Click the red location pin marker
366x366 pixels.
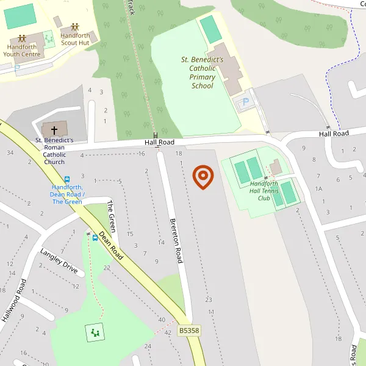(203, 176)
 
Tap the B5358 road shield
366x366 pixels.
(189, 330)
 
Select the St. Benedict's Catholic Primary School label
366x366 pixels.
(202, 73)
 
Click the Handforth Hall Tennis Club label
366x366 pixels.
(264, 190)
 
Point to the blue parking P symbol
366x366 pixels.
(246, 102)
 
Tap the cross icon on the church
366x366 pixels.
(54, 130)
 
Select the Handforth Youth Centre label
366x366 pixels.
(22, 50)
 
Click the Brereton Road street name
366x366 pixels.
(176, 240)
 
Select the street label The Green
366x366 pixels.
(111, 212)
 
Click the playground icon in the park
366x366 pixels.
(95, 332)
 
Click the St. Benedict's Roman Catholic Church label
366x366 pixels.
(54, 151)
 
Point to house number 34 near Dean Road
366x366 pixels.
(10, 152)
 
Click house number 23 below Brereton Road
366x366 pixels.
(209, 300)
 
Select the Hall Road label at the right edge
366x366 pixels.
(333, 134)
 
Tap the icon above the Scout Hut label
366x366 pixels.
(75, 27)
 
